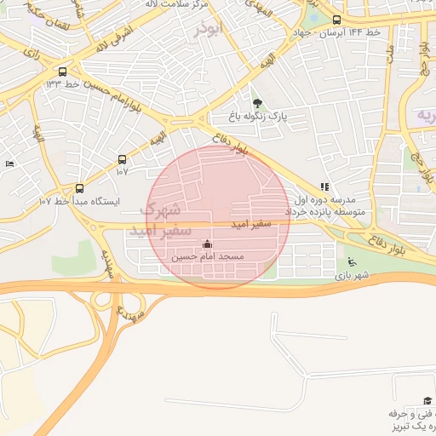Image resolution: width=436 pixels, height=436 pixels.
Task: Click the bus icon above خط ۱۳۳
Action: (62, 72)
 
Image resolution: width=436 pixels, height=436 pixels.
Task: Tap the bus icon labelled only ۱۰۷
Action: (122, 159)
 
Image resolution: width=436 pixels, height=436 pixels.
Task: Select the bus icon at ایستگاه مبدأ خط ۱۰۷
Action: (79, 188)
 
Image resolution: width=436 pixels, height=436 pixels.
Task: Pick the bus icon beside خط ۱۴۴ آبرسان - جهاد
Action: (336, 20)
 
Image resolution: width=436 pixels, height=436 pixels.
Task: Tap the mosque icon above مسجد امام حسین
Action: (208, 244)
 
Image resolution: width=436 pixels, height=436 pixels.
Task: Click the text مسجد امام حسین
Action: (208, 255)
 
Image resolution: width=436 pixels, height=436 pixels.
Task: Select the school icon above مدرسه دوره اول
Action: (324, 186)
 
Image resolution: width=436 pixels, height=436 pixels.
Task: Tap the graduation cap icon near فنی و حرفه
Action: (427, 400)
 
